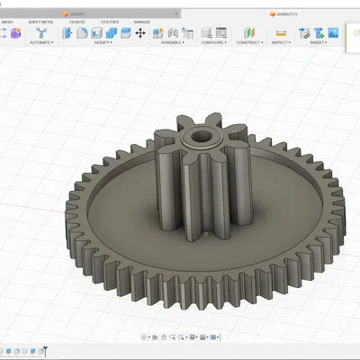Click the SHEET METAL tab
click(41, 21)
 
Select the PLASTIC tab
click(78, 21)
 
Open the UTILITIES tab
click(109, 21)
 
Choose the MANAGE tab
click(142, 21)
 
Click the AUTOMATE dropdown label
click(40, 42)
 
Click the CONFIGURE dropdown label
click(213, 42)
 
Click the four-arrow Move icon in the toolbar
click(140, 32)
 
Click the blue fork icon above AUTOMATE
click(40, 32)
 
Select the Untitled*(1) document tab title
click(287, 14)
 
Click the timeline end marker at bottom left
click(45, 351)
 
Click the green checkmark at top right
click(356, 33)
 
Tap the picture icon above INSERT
click(318, 32)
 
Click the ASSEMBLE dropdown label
click(168, 42)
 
